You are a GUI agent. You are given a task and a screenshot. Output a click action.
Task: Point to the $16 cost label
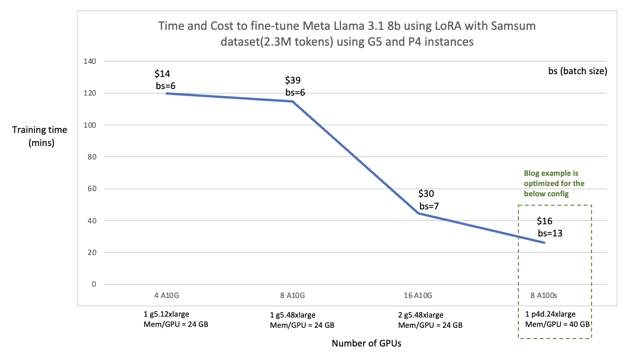(x=544, y=221)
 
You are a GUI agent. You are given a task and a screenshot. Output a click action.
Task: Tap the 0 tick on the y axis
(x=93, y=284)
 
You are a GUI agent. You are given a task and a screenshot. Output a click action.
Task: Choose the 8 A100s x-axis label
(x=544, y=295)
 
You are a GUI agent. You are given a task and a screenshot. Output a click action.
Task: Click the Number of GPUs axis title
(x=366, y=344)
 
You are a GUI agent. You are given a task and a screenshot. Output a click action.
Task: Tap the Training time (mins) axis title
(x=40, y=136)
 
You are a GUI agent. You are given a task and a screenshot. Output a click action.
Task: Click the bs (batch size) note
(x=577, y=72)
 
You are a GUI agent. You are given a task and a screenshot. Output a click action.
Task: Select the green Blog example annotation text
(x=554, y=183)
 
